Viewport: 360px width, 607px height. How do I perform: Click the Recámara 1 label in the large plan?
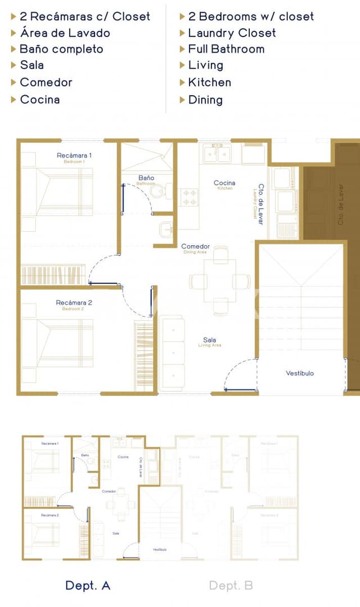tap(74, 155)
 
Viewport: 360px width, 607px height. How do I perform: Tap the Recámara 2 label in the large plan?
tap(74, 303)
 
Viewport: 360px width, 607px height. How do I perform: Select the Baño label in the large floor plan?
tap(146, 178)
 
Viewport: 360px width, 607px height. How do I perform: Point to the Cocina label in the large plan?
tap(224, 183)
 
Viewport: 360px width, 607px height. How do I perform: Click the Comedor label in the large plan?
tap(195, 246)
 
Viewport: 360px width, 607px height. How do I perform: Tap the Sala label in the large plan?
tap(209, 340)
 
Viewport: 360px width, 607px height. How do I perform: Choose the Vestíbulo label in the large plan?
tap(300, 373)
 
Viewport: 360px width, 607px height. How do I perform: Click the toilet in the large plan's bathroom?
tap(160, 192)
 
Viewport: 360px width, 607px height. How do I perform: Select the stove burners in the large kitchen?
tap(190, 197)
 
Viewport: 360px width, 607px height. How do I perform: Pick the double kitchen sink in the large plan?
tap(218, 153)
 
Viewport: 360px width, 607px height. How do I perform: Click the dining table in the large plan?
tap(220, 281)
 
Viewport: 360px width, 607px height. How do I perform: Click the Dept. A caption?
tap(88, 586)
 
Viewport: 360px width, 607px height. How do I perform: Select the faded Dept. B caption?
tap(231, 586)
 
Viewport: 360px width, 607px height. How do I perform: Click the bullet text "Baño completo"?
tap(61, 49)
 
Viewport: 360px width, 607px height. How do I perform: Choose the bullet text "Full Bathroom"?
tap(226, 49)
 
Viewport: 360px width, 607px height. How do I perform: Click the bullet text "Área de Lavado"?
tap(65, 33)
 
